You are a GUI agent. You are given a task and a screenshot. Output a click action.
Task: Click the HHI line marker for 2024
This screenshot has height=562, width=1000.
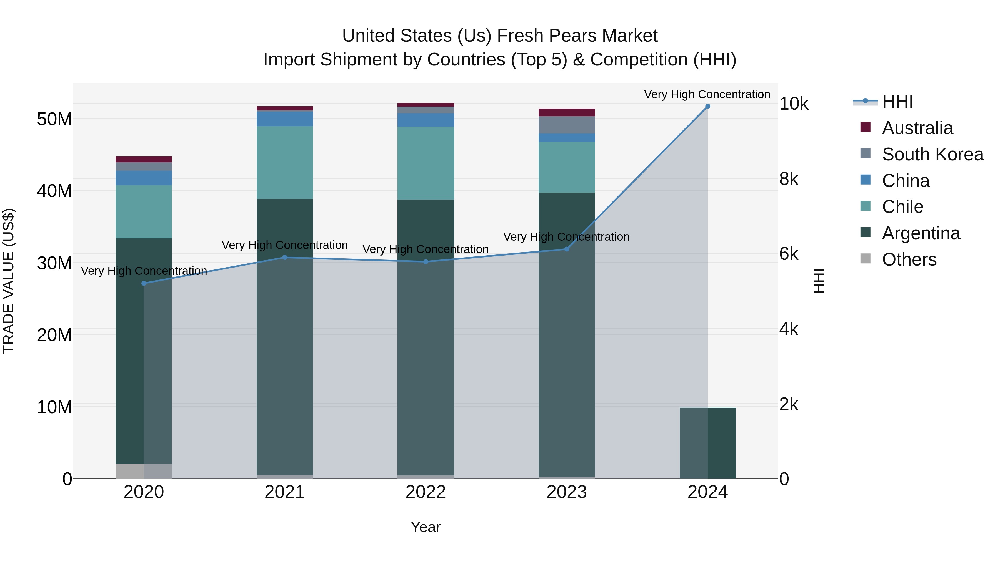tap(707, 106)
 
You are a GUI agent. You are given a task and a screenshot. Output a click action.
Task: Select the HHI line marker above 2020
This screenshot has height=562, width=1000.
tap(144, 284)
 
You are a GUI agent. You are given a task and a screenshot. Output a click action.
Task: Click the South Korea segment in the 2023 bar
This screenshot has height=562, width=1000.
tap(566, 125)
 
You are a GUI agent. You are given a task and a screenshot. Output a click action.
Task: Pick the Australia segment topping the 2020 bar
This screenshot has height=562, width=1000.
tap(144, 159)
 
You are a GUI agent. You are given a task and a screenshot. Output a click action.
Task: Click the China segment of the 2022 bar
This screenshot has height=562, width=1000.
tap(426, 120)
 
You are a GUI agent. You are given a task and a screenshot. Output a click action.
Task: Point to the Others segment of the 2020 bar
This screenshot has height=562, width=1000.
tap(130, 471)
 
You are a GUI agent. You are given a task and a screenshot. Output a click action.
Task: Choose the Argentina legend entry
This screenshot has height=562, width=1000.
tap(921, 233)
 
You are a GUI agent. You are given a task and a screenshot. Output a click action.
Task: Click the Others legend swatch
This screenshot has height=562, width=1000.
tap(865, 259)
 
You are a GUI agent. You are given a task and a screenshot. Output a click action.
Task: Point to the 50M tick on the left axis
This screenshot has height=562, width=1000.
tap(54, 119)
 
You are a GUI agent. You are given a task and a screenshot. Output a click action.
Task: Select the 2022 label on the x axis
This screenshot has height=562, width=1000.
tap(426, 492)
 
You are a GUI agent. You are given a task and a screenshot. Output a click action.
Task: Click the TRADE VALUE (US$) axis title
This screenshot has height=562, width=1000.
tap(9, 281)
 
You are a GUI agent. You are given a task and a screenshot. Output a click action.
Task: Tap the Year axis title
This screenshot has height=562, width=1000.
tap(426, 527)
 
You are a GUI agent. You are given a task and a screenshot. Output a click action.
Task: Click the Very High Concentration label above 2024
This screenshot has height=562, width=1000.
tap(707, 94)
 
